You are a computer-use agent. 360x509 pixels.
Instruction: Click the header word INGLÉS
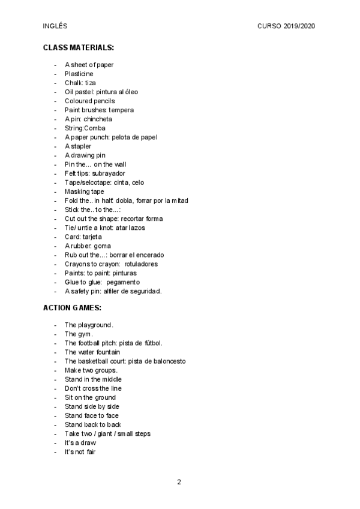pos(55,26)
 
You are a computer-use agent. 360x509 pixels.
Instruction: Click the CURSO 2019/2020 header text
pos(286,26)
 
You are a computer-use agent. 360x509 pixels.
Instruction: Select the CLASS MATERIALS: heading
pos(79,47)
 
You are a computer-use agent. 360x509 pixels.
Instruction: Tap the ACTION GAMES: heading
pos(72,307)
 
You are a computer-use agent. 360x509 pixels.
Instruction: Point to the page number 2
pos(179,482)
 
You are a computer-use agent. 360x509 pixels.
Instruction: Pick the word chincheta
pos(98,119)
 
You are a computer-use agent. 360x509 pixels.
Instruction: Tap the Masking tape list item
pos(84,191)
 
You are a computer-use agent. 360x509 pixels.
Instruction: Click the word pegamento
pos(123,282)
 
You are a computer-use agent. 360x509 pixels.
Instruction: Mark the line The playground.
pos(89,325)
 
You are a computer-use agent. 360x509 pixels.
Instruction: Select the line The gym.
pos(79,334)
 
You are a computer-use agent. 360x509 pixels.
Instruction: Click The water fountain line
pos(92,352)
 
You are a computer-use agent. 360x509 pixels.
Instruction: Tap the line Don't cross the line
pos(93,388)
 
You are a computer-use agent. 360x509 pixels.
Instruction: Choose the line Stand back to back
pos(92,424)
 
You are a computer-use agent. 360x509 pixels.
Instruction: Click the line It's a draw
pos(80,442)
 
